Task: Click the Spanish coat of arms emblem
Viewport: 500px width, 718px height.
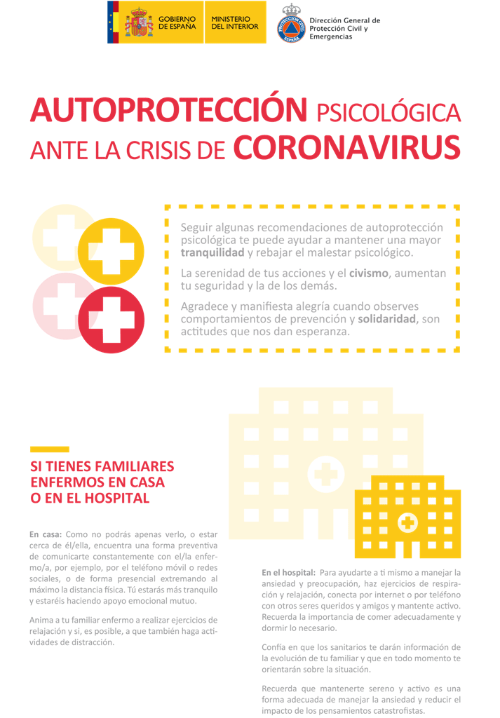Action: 138,22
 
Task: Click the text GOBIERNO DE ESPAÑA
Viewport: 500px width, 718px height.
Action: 177,22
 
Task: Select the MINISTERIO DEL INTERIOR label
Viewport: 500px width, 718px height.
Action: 234,22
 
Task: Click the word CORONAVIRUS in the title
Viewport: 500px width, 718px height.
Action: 346,147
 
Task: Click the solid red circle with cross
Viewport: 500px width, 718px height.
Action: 111,319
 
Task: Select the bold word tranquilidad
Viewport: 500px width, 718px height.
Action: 212,252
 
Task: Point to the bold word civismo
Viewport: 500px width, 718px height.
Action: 369,273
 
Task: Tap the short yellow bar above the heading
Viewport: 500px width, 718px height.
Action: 49,449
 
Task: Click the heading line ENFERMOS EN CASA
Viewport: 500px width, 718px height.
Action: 97,482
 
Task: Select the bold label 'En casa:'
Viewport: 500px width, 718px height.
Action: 46,534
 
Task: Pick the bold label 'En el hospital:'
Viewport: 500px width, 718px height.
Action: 288,572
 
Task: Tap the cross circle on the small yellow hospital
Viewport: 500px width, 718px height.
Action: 407,522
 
